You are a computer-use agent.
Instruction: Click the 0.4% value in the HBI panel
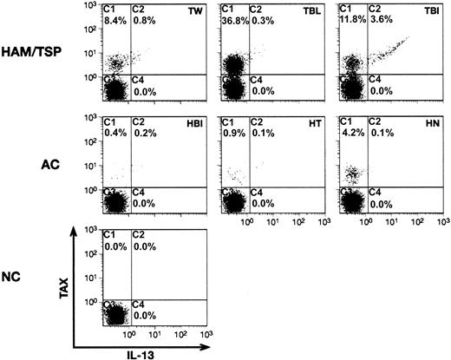click(x=113, y=134)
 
